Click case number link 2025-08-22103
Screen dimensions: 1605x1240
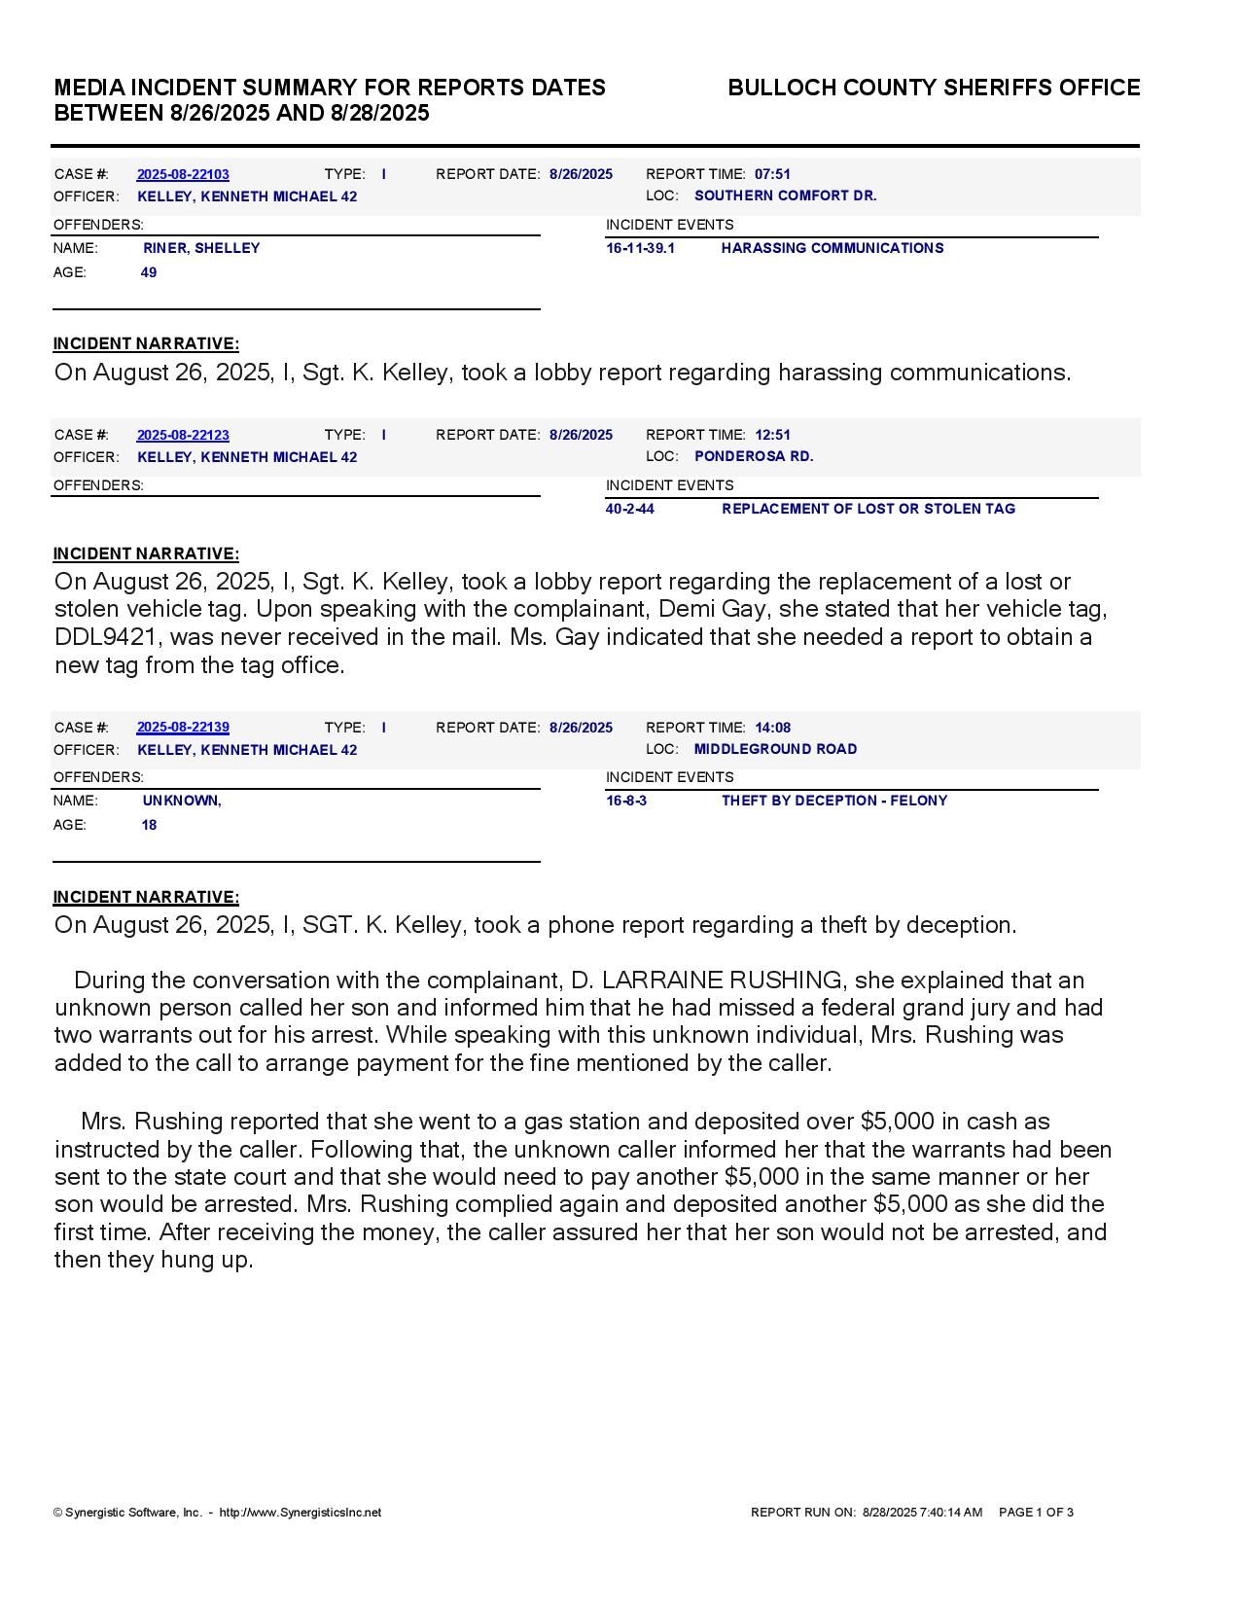[183, 174]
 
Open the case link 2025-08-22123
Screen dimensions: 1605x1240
[183, 435]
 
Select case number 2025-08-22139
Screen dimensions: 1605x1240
[183, 728]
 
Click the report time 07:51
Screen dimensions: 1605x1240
[772, 174]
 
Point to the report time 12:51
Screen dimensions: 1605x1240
[772, 435]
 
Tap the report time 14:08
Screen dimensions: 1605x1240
[772, 728]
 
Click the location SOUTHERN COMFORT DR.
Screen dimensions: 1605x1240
[785, 196]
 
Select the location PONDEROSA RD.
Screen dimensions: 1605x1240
[754, 456]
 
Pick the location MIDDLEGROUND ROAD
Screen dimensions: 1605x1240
[775, 749]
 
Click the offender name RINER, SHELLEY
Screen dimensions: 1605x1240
[201, 248]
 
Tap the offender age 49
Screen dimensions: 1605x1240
[149, 272]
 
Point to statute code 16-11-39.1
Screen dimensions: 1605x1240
[640, 248]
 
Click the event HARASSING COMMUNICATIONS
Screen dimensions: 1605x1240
[832, 248]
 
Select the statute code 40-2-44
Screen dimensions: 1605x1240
[629, 509]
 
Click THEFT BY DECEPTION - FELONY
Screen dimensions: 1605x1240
[833, 801]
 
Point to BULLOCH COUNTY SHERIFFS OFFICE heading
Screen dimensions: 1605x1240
[934, 88]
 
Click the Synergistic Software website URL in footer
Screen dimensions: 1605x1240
[301, 1513]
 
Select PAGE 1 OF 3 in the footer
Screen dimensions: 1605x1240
[1036, 1513]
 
